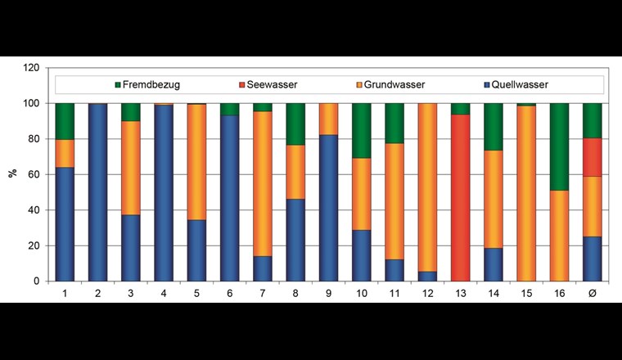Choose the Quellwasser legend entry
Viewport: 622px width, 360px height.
coord(521,84)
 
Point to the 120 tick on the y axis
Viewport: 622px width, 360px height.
coord(30,68)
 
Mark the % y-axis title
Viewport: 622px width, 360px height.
coord(11,174)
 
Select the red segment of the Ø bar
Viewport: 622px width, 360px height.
coord(593,158)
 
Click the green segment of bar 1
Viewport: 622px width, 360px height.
coord(65,121)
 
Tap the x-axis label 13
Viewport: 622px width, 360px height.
coord(461,292)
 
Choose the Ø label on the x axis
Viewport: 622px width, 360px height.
coord(593,292)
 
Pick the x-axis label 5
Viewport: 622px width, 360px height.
coord(196,292)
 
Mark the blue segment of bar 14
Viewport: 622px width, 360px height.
coord(494,264)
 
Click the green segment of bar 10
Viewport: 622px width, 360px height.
coord(362,130)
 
